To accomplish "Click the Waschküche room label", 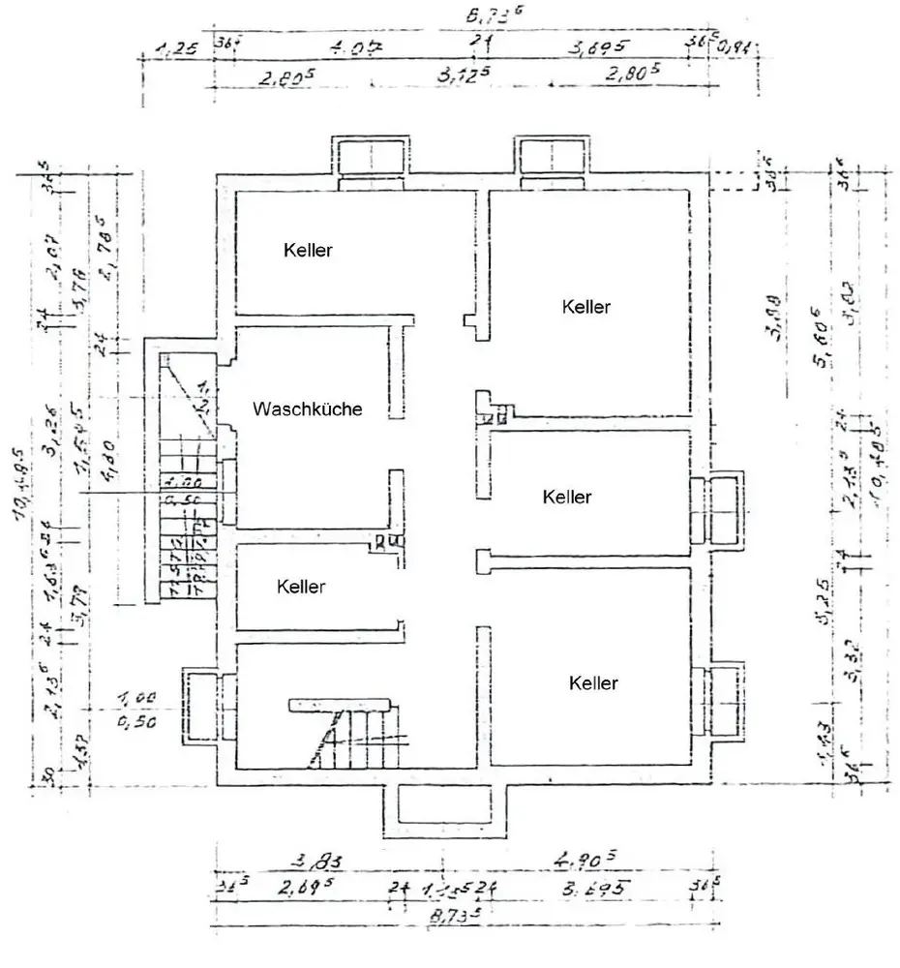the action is pyautogui.click(x=308, y=409).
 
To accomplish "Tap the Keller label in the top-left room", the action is pyautogui.click(x=308, y=250).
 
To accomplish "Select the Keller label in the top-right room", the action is pyautogui.click(x=586, y=307).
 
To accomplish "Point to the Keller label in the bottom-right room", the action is pyautogui.click(x=593, y=683).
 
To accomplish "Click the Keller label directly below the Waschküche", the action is pyautogui.click(x=301, y=587).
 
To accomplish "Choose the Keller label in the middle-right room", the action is pyautogui.click(x=567, y=497).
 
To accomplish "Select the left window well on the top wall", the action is pyautogui.click(x=373, y=160).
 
